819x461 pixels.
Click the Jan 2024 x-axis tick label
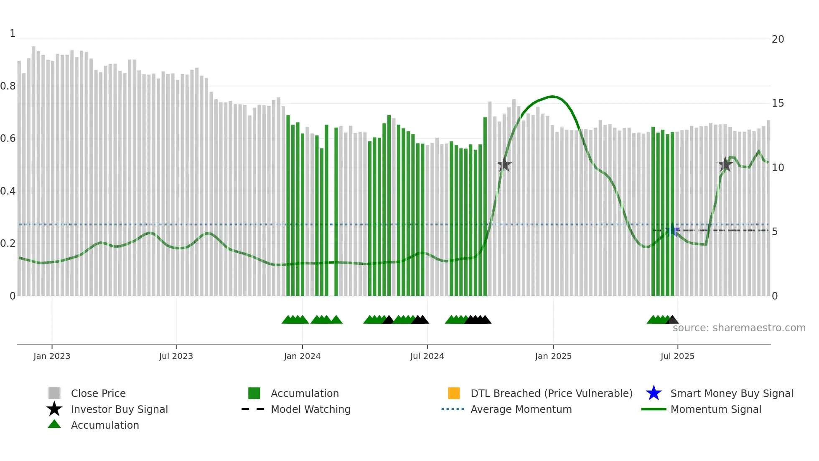[x=302, y=356]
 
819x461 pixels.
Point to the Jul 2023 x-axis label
[x=176, y=356]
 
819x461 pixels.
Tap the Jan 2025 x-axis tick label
[x=553, y=356]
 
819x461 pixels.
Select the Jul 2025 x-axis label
[x=677, y=356]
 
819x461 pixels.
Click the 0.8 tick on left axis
[x=8, y=86]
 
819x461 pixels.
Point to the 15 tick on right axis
[x=778, y=103]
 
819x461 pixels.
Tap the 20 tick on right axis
[x=778, y=39]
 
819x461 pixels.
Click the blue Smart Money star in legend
[x=654, y=393]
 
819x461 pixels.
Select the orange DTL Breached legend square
[x=454, y=393]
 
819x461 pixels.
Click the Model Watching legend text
[x=310, y=409]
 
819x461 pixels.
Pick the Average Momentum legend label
[x=521, y=409]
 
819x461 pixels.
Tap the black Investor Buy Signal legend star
[x=54, y=409]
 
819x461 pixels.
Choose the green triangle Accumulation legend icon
[x=54, y=424]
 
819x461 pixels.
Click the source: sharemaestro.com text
[x=739, y=328]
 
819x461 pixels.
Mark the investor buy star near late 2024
[x=504, y=164]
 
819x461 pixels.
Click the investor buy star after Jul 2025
[x=725, y=164]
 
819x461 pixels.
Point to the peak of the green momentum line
[x=552, y=97]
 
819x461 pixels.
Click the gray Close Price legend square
[x=54, y=393]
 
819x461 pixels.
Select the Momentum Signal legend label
[x=716, y=409]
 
